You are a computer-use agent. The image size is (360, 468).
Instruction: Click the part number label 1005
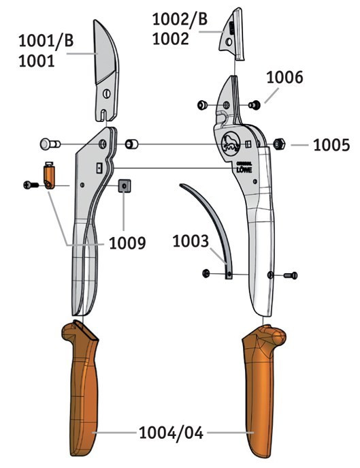[331, 145]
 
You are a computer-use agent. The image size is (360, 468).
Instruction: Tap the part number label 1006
[284, 77]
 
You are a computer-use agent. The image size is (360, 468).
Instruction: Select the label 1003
[191, 241]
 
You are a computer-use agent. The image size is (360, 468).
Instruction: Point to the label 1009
[127, 243]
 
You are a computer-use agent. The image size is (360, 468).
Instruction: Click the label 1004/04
[171, 433]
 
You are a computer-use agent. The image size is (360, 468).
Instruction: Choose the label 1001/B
[46, 41]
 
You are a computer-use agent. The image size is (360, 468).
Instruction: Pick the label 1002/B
[180, 19]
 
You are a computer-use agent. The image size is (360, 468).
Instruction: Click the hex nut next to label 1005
[279, 144]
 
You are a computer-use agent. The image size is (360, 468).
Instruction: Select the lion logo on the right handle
[231, 144]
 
